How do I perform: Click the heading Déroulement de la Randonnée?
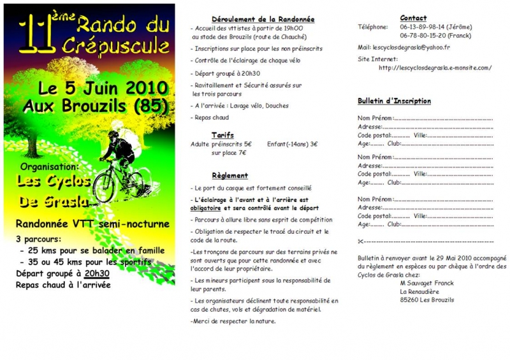(263, 20)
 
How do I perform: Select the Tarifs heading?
(222, 135)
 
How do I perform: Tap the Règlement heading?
(229, 175)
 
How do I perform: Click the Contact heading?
(413, 18)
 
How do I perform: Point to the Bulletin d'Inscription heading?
(394, 101)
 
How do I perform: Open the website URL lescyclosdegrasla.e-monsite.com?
(435, 68)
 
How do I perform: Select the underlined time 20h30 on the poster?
(97, 273)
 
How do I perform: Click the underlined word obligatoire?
(205, 208)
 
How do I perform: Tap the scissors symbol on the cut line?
(361, 241)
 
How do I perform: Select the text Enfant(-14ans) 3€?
(292, 144)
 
